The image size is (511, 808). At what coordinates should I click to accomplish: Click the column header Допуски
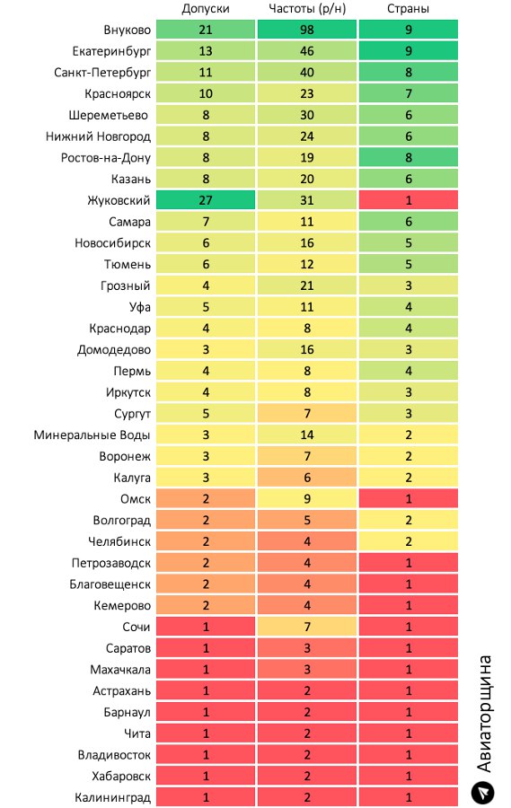pos(206,9)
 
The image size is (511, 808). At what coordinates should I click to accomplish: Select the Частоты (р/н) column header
pos(307,9)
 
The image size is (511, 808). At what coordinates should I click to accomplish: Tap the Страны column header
pos(408,9)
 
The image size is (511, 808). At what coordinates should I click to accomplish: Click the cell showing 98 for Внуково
pos(307,30)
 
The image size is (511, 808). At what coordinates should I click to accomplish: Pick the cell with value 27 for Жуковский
pos(206,200)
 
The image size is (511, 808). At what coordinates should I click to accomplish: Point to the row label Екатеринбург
pos(112,51)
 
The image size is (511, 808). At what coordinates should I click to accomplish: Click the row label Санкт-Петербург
pos(102,72)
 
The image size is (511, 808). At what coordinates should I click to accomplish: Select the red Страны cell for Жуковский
pos(409,200)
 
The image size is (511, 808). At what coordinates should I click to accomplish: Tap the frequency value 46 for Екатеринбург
pos(307,51)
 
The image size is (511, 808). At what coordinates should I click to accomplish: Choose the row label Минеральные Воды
pos(92,435)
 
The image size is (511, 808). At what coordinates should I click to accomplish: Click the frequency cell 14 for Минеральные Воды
pos(307,435)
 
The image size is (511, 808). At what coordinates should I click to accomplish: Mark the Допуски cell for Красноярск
pos(206,93)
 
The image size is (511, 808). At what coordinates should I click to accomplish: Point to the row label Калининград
pos(113,798)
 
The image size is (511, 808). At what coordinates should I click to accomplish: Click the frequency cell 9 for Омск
pos(307,499)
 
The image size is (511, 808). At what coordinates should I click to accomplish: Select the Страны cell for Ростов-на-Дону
pos(409,158)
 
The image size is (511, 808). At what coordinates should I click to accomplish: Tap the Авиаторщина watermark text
pos(484,714)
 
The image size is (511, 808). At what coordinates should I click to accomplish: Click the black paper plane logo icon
pos(483,793)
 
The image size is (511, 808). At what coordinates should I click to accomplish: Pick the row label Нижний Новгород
pos(98,136)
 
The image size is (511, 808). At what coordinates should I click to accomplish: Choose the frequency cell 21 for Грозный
pos(307,285)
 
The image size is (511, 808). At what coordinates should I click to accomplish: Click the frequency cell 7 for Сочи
pos(307,627)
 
